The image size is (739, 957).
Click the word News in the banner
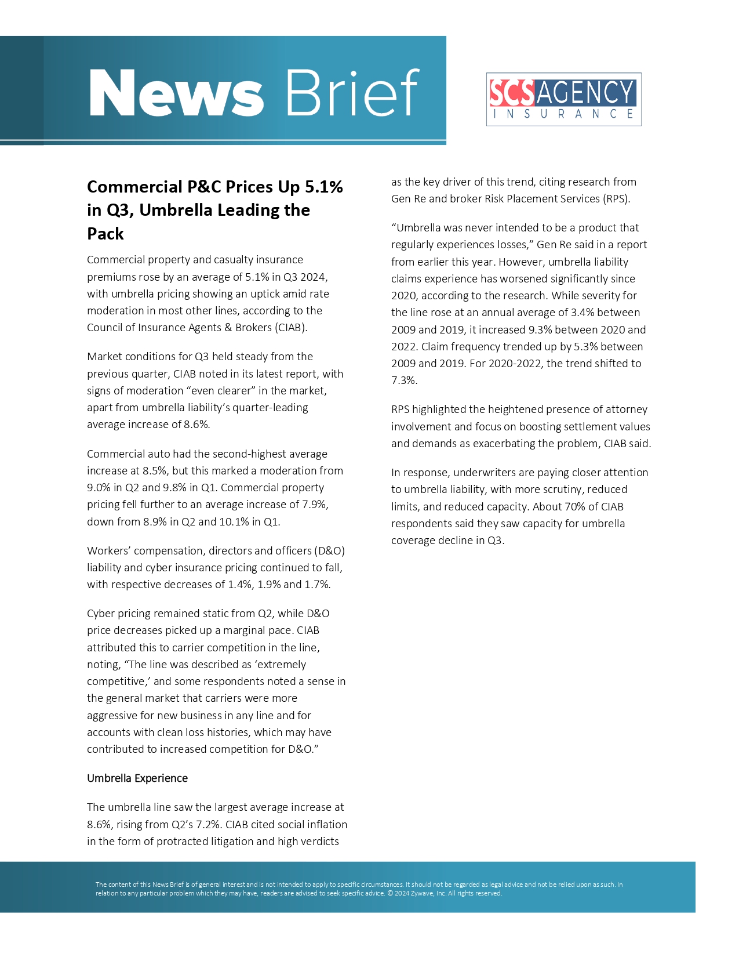pyautogui.click(x=176, y=93)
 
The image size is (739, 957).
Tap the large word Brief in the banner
pyautogui.click(x=352, y=93)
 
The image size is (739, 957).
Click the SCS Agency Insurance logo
pyautogui.click(x=563, y=99)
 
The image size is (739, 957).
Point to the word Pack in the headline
pyautogui.click(x=105, y=234)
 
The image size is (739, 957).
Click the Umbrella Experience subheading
pyautogui.click(x=137, y=778)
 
